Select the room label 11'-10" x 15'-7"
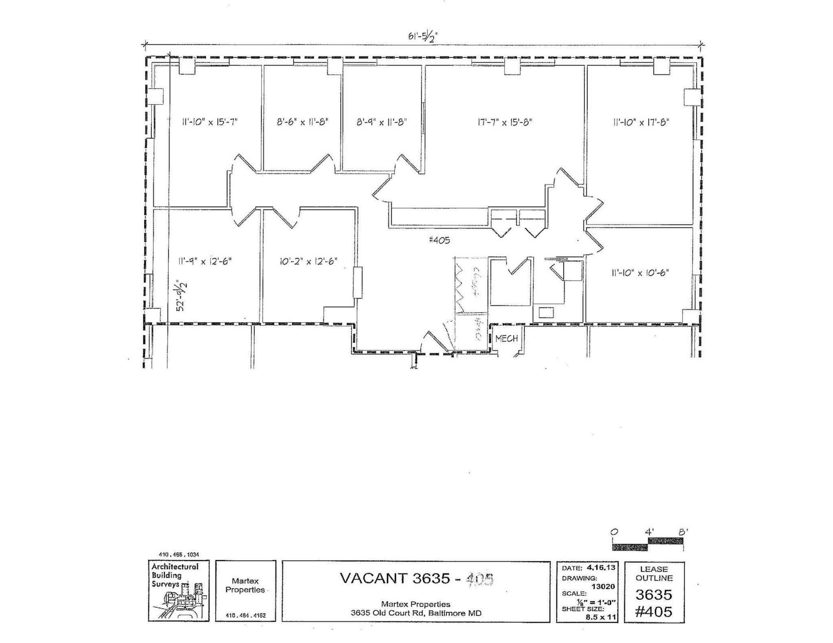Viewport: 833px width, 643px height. pyautogui.click(x=209, y=122)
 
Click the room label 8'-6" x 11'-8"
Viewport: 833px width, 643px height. pyautogui.click(x=303, y=122)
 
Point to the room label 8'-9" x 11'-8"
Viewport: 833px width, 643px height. pyautogui.click(x=382, y=122)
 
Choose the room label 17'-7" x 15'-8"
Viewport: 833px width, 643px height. pyautogui.click(x=505, y=122)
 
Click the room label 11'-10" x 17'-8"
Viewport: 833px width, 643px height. pyautogui.click(x=641, y=122)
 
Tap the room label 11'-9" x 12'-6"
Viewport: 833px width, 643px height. pyautogui.click(x=205, y=261)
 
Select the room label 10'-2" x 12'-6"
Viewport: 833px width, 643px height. pyautogui.click(x=308, y=261)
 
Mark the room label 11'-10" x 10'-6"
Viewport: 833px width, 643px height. pyautogui.click(x=640, y=273)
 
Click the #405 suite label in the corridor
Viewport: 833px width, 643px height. pyautogui.click(x=439, y=240)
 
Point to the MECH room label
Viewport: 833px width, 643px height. pyautogui.click(x=506, y=338)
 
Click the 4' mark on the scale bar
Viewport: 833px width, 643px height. pyautogui.click(x=649, y=532)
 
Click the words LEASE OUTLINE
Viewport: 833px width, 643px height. pyautogui.click(x=654, y=573)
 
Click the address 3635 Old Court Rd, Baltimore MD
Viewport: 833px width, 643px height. pyautogui.click(x=416, y=613)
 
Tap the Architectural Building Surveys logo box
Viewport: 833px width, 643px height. pyautogui.click(x=179, y=590)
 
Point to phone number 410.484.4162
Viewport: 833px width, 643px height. pyautogui.click(x=245, y=615)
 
